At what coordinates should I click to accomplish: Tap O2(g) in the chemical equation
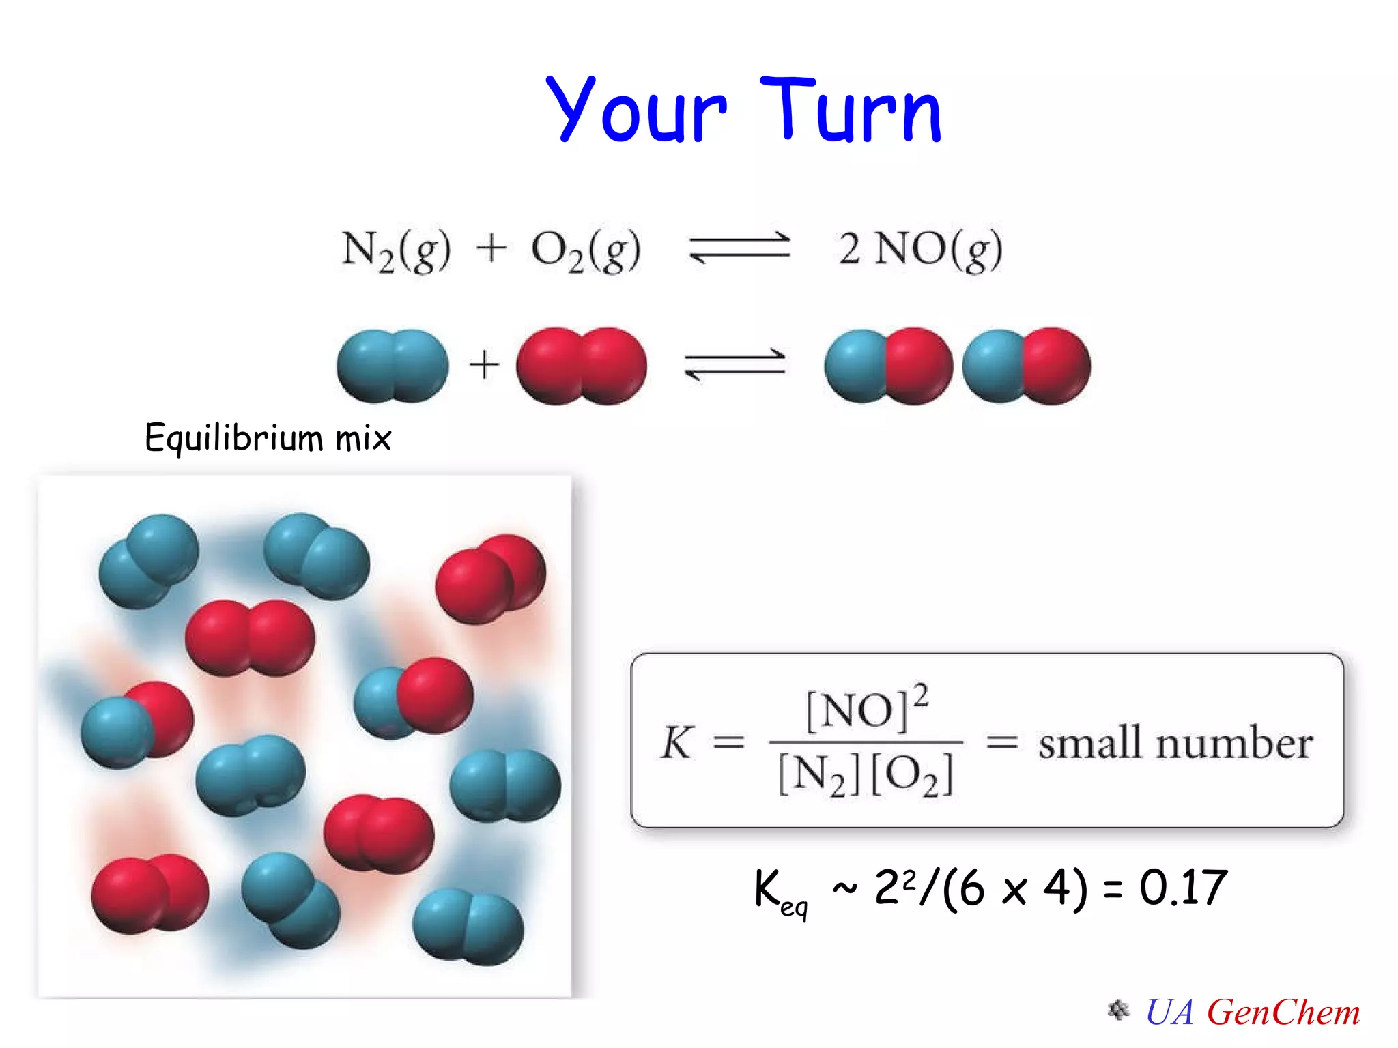[586, 250]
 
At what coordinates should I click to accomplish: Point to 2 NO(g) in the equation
[920, 250]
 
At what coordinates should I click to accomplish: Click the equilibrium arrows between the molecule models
[735, 365]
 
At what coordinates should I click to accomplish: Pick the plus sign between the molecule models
[484, 364]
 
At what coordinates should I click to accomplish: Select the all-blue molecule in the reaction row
[393, 366]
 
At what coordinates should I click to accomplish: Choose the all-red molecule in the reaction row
[582, 366]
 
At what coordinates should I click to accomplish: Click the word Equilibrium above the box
[233, 438]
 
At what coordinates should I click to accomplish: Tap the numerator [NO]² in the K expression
[866, 709]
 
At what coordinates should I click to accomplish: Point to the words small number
[1175, 743]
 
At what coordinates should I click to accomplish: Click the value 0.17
[1183, 888]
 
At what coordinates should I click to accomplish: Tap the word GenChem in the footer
[1283, 1013]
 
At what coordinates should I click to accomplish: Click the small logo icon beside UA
[1118, 1010]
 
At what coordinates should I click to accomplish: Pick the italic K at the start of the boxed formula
[676, 742]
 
